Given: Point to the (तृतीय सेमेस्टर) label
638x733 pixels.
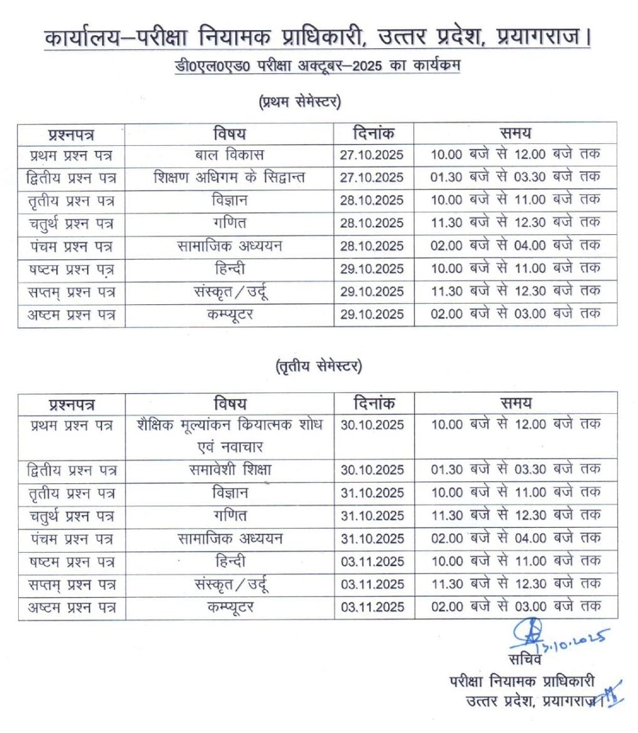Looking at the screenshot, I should pyautogui.click(x=319, y=367).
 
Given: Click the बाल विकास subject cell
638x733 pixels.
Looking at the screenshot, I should pyautogui.click(x=229, y=155).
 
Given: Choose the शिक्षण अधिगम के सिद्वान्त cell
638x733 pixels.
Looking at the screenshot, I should pyautogui.click(x=229, y=178).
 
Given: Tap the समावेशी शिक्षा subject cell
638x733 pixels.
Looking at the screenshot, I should pyautogui.click(x=229, y=469).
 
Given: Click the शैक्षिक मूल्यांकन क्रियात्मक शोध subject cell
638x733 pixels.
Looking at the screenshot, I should pyautogui.click(x=229, y=425).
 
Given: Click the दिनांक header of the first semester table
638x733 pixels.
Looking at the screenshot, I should pyautogui.click(x=373, y=133).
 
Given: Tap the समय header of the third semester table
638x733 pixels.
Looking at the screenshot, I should pyautogui.click(x=515, y=403).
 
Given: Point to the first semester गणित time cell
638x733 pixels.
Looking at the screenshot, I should pyautogui.click(x=515, y=223).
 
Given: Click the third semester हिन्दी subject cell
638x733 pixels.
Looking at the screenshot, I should pyautogui.click(x=229, y=561).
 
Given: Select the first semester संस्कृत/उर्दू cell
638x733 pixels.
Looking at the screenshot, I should pyautogui.click(x=229, y=292).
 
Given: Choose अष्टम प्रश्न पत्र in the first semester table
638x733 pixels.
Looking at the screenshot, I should pyautogui.click(x=71, y=315).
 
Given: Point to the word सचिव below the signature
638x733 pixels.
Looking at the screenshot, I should pyautogui.click(x=525, y=659).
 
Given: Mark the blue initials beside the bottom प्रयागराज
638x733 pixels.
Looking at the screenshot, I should pyautogui.click(x=611, y=694).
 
